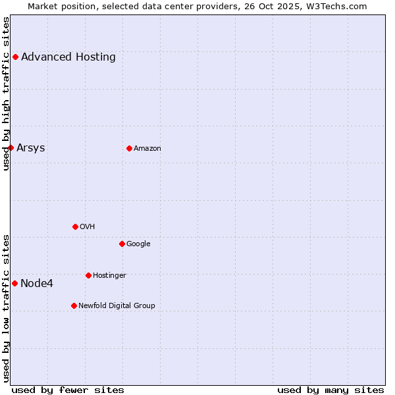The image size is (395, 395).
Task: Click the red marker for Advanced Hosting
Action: pyautogui.click(x=15, y=57)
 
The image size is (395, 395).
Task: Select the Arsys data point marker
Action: pyautogui.click(x=11, y=147)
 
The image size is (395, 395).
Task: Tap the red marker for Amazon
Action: pyautogui.click(x=129, y=148)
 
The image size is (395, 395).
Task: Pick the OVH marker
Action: pyautogui.click(x=75, y=226)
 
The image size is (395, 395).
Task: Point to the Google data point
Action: pyautogui.click(x=122, y=244)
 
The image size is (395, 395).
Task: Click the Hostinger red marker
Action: pyautogui.click(x=88, y=275)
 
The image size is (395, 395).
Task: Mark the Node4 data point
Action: pyautogui.click(x=14, y=283)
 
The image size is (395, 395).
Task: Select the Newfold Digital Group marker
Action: pyautogui.click(x=74, y=305)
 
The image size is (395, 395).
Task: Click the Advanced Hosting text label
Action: pyautogui.click(x=68, y=57)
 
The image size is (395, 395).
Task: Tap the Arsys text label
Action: pyautogui.click(x=31, y=147)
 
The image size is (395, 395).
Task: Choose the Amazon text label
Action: pyautogui.click(x=147, y=148)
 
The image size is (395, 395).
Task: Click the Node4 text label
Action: pyautogui.click(x=37, y=284)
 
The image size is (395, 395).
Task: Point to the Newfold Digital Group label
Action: pyautogui.click(x=117, y=305)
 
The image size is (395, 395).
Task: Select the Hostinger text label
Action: pyautogui.click(x=109, y=275)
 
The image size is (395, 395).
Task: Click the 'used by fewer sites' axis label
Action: pyautogui.click(x=68, y=390)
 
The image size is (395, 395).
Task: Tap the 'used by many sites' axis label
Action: pyautogui.click(x=330, y=390)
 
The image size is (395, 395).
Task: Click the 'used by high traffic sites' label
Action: pyautogui.click(x=6, y=93)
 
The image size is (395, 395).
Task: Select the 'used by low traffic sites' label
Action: pyautogui.click(x=6, y=308)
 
